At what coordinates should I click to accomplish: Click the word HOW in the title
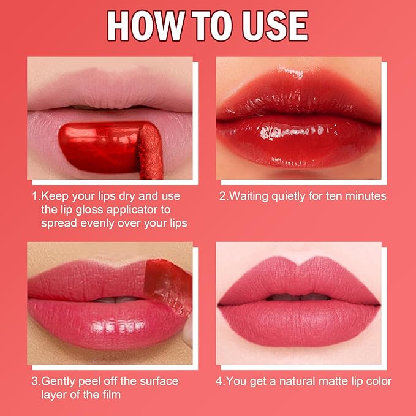(x=146, y=26)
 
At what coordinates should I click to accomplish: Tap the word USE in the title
(x=275, y=26)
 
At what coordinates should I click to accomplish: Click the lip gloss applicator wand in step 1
(x=151, y=151)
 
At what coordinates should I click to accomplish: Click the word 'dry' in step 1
(x=127, y=197)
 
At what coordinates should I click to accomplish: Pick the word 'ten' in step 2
(x=335, y=196)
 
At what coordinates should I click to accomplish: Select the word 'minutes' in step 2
(x=366, y=196)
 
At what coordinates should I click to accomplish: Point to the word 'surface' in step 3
(x=159, y=381)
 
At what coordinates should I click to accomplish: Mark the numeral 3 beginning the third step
(x=35, y=381)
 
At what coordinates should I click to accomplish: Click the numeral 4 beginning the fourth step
(x=219, y=381)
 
